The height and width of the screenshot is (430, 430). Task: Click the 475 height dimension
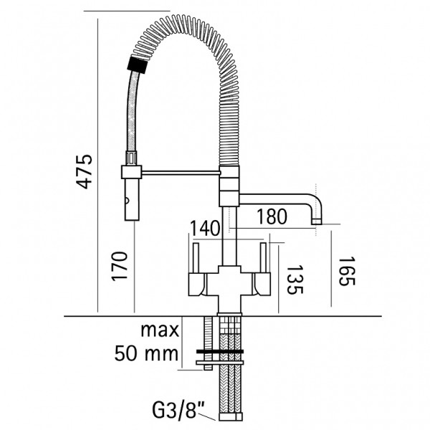tap(84, 172)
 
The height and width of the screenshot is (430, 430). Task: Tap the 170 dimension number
tap(120, 266)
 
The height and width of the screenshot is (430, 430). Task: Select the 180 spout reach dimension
tap(272, 216)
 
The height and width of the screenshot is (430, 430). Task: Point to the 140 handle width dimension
tap(205, 229)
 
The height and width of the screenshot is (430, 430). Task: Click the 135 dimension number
tap(295, 279)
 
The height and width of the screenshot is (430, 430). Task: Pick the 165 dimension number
tap(347, 271)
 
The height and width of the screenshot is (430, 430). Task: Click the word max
tap(160, 330)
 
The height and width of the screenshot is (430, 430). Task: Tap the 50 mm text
tap(146, 353)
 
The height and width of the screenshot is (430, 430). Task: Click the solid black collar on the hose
tap(138, 64)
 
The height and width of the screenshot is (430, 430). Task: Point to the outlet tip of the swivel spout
tap(317, 221)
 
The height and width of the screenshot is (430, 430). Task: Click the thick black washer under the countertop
tap(220, 351)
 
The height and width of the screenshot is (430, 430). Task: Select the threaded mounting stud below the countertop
tap(208, 343)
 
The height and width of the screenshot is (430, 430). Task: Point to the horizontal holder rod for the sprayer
tap(181, 173)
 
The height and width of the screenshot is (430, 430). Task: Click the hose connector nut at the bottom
tap(231, 417)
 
